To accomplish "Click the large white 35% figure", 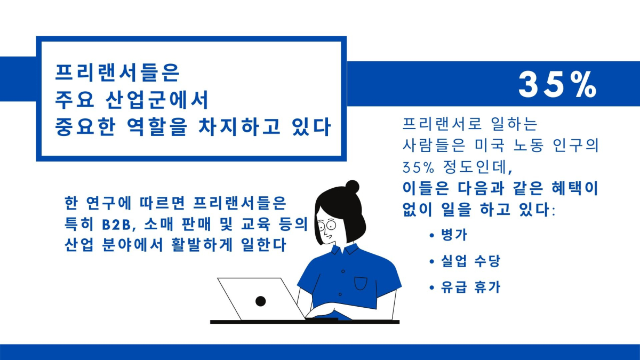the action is click(557, 85).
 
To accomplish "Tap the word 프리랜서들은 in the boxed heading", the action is click(117, 73).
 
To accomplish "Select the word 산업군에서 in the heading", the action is click(157, 100).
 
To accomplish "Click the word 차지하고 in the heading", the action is click(239, 126).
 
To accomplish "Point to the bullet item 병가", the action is click(454, 235).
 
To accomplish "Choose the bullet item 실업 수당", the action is click(470, 261).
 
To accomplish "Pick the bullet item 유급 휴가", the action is click(470, 287).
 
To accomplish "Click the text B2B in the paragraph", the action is click(116, 225).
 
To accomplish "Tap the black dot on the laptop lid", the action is click(260, 301).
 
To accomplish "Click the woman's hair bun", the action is click(352, 187).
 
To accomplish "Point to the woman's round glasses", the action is click(327, 226).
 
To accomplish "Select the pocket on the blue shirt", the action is click(361, 283).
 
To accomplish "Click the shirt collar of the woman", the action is click(345, 249).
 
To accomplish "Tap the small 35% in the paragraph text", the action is click(418, 167).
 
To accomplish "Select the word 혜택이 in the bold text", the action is click(574, 189).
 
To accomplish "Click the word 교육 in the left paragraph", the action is click(255, 224).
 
